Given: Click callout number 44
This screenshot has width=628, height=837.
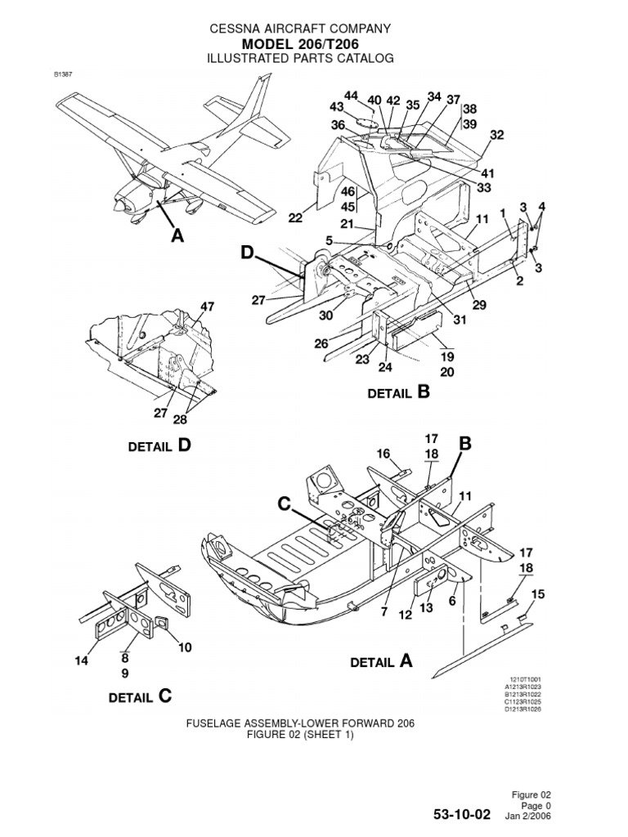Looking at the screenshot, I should tap(352, 96).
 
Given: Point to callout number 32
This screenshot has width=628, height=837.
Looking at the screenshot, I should tap(496, 135).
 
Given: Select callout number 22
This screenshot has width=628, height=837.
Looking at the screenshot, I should tap(295, 217).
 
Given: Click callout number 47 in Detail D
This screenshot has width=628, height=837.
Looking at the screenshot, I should tap(207, 307).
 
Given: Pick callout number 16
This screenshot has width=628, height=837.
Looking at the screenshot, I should tap(383, 454).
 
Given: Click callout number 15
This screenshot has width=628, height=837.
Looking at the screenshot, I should tap(538, 593).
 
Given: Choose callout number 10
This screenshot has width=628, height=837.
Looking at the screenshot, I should tap(185, 647).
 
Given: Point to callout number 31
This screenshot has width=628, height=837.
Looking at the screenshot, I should tap(460, 320).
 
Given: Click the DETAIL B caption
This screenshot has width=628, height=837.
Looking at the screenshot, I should tap(398, 392).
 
